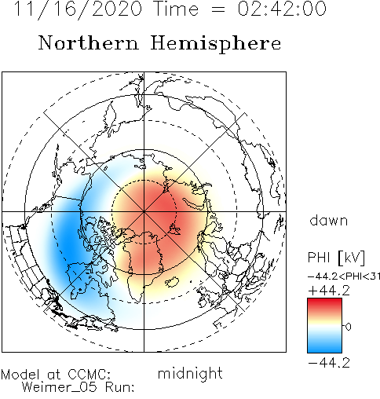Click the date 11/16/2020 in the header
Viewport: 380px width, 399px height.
(x=78, y=9)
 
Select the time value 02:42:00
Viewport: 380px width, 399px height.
(x=282, y=9)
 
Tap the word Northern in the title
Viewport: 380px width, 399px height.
(x=89, y=43)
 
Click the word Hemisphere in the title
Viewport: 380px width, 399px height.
(x=216, y=43)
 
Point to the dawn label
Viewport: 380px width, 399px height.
(x=329, y=221)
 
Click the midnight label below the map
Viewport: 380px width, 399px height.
(x=190, y=374)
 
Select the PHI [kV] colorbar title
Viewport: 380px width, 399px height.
(x=336, y=258)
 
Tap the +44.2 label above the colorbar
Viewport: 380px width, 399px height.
(x=329, y=291)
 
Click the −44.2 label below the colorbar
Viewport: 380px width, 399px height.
(x=329, y=363)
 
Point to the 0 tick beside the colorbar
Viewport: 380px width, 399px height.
(x=348, y=327)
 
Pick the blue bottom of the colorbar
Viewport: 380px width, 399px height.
(x=324, y=348)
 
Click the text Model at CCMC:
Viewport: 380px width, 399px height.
(x=56, y=375)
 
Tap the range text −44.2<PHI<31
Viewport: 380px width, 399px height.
(x=344, y=276)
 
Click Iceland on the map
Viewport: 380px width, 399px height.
(x=172, y=282)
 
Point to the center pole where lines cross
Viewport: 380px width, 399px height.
(x=144, y=211)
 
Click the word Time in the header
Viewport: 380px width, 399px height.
(x=177, y=9)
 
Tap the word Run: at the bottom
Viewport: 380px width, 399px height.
(x=119, y=387)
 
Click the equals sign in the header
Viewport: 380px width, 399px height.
(x=217, y=10)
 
